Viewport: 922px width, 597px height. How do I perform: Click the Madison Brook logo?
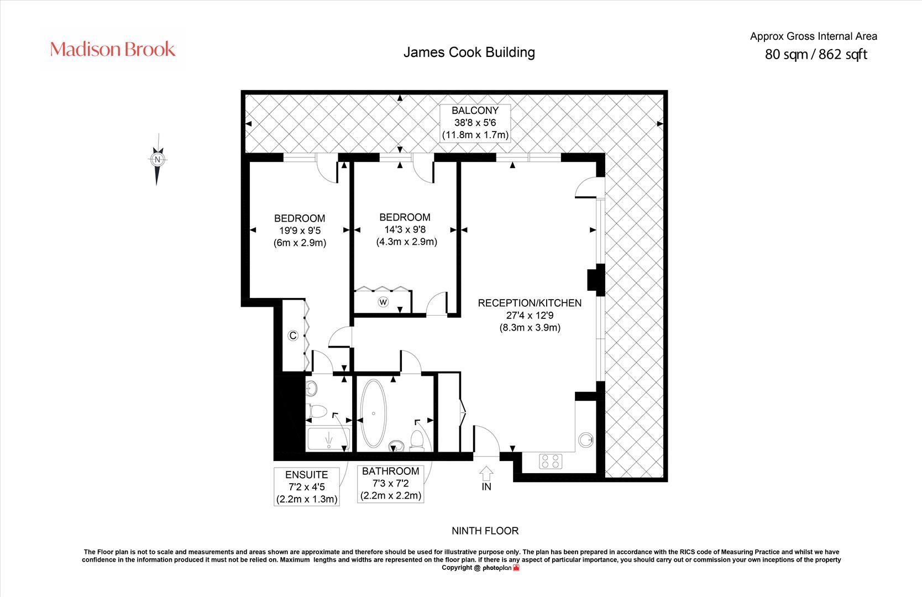pyautogui.click(x=113, y=49)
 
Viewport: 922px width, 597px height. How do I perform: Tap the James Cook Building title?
pyautogui.click(x=469, y=53)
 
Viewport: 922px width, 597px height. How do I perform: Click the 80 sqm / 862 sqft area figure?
pyautogui.click(x=815, y=55)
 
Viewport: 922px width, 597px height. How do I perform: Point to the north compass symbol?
pyautogui.click(x=158, y=160)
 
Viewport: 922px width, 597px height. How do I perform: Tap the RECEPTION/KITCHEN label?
pyautogui.click(x=529, y=303)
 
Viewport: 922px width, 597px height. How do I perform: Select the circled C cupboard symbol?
pyautogui.click(x=293, y=336)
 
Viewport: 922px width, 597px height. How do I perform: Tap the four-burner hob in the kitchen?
pyautogui.click(x=551, y=461)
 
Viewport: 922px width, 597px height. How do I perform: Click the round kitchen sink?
pyautogui.click(x=585, y=440)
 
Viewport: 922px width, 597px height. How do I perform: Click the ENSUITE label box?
pyautogui.click(x=307, y=486)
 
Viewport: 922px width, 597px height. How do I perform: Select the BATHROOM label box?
pyautogui.click(x=391, y=483)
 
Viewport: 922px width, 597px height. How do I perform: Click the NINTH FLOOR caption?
pyautogui.click(x=485, y=531)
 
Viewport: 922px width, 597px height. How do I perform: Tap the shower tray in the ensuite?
pyautogui.click(x=328, y=439)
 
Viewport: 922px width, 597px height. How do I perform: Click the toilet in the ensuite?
pyautogui.click(x=317, y=411)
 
